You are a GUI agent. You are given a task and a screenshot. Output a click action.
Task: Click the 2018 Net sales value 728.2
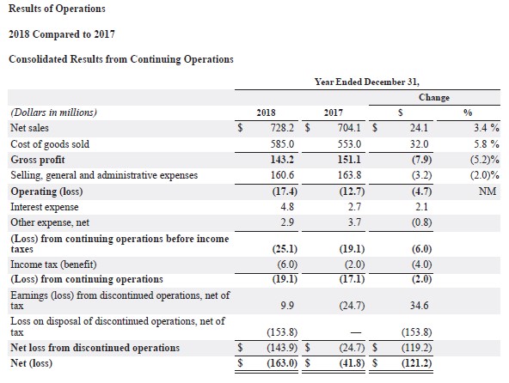point(282,128)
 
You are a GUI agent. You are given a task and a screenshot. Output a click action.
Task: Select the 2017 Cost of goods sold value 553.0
point(349,143)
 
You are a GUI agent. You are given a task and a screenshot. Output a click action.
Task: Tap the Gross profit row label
point(38,160)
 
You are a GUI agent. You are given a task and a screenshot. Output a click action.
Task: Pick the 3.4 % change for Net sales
point(486,128)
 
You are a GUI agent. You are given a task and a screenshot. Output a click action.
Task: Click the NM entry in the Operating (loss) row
point(488,191)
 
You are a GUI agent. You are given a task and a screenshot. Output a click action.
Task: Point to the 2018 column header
point(266,112)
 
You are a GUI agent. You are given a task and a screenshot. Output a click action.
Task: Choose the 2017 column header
point(333,112)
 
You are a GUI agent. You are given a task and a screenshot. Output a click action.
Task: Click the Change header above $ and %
point(434,97)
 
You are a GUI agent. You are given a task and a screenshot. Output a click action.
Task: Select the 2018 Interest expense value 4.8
point(287,207)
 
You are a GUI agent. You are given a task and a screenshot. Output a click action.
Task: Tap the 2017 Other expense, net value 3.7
point(354,222)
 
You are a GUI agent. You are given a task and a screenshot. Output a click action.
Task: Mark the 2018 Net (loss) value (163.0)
point(282,363)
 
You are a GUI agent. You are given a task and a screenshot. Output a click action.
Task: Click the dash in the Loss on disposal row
point(356,332)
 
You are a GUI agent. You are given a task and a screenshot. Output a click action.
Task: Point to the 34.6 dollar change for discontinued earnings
point(419,305)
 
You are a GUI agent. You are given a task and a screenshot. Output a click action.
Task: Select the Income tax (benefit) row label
point(53,264)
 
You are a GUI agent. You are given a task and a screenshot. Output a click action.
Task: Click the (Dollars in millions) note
point(53,112)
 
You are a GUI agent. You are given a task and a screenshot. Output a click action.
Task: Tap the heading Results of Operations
point(57,9)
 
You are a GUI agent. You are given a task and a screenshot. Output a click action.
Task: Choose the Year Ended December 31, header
point(367,82)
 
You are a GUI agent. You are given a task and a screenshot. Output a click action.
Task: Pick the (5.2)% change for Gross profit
point(484,160)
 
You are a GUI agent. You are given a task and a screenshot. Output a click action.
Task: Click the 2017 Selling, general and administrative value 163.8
point(349,175)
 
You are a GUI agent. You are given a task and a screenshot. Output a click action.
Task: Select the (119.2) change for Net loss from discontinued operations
point(416,348)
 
